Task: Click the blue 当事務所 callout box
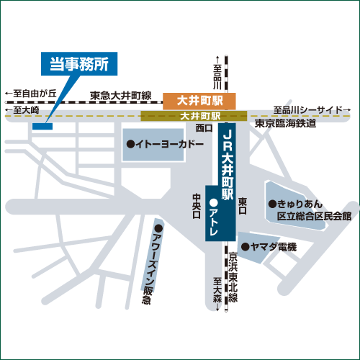coord(79,64)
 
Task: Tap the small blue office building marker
coord(42,126)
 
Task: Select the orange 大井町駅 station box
coord(199,101)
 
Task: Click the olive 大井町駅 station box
coord(194,116)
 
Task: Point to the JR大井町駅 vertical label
coord(228,165)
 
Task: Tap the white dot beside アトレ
coord(213,203)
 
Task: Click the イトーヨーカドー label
coord(170,144)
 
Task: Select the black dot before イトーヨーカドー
coord(131,144)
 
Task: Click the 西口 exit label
coord(204,128)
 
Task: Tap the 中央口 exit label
coord(197,206)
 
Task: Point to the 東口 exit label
coord(243,206)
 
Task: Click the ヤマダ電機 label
coord(274,247)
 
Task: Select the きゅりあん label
coord(300,204)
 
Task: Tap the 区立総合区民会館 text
coord(315,216)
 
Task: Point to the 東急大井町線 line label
coord(121,96)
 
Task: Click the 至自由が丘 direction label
coord(31,94)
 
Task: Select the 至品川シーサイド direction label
coord(312,110)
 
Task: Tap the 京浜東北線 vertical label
coord(233,277)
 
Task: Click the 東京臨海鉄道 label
coord(285,123)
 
